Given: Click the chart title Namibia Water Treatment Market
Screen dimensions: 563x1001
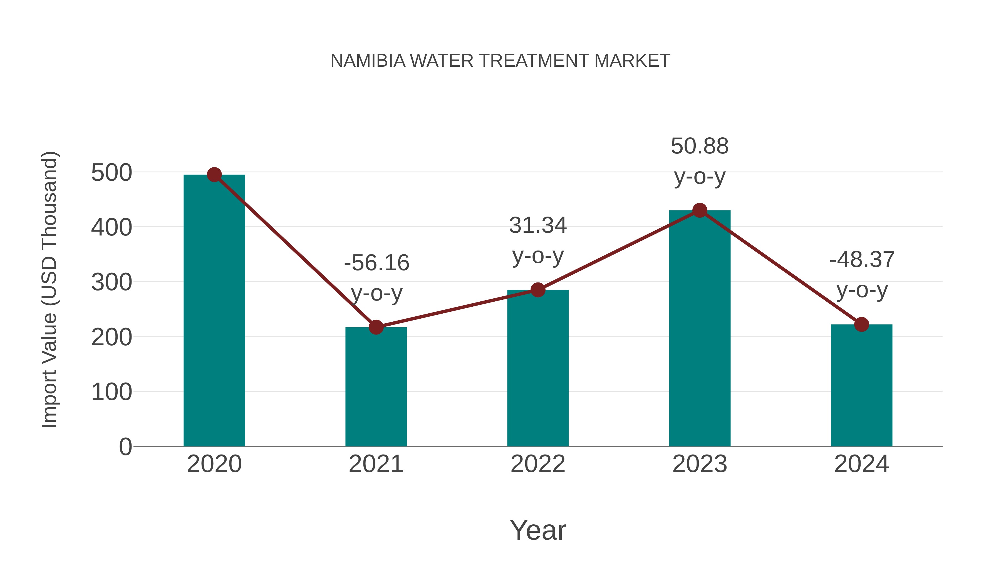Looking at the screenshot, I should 500,61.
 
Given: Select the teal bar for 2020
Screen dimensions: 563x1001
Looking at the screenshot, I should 214,311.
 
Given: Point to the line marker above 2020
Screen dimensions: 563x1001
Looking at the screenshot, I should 214,175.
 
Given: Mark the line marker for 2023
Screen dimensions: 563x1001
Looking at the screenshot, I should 700,210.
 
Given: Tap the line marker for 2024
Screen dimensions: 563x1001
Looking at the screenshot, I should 861,324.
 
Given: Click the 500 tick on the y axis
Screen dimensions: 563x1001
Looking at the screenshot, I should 112,173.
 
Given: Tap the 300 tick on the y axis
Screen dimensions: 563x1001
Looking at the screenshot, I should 112,282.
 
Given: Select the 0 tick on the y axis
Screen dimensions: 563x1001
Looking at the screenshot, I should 125,447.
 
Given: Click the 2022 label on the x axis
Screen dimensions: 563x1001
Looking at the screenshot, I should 537,464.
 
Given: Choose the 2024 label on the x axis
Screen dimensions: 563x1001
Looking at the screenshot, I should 861,464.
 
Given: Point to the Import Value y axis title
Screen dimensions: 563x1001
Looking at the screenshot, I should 50,289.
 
